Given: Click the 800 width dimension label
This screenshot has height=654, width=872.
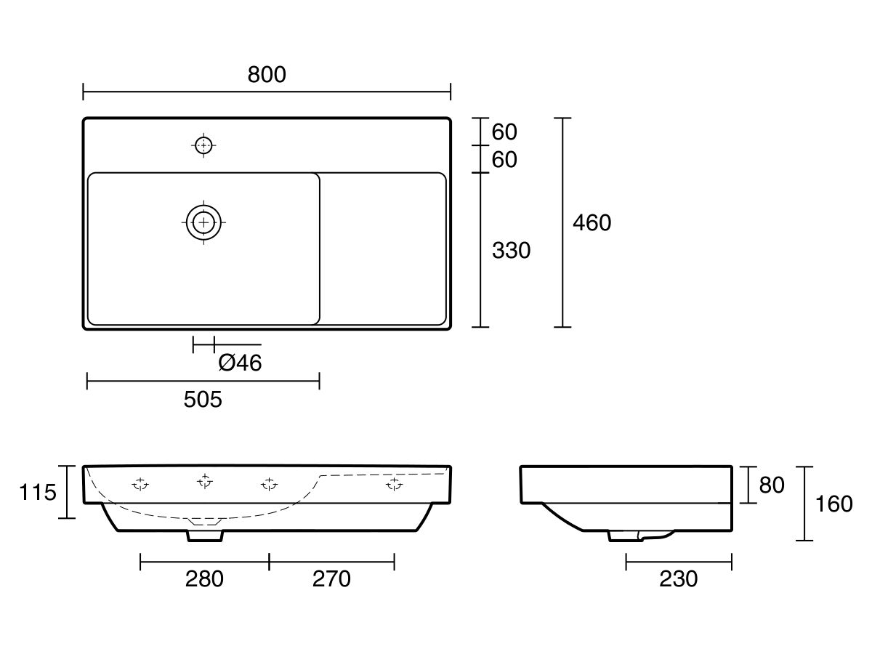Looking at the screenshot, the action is tap(267, 75).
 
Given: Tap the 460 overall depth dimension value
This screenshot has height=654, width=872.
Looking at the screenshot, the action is tap(592, 223).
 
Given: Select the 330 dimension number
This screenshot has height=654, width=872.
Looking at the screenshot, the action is tap(511, 251).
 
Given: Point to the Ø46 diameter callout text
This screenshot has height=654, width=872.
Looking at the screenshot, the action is tap(240, 363).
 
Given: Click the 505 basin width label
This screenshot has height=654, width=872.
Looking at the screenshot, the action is tap(203, 400).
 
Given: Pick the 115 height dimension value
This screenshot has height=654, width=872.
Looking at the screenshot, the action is tap(38, 493).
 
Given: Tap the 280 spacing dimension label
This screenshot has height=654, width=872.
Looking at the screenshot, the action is tap(204, 579).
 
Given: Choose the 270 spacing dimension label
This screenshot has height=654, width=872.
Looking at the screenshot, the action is tap(331, 579).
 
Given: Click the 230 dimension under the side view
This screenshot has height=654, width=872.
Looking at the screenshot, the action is tap(678, 579).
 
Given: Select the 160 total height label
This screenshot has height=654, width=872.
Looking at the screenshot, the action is tap(834, 504).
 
